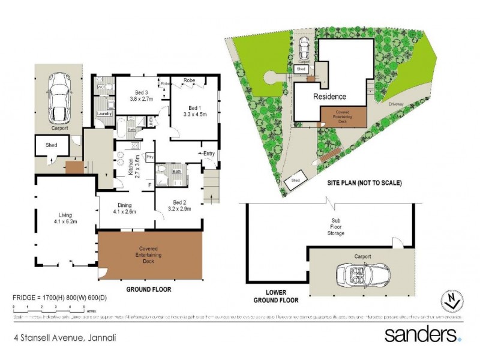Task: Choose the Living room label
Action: click(65, 218)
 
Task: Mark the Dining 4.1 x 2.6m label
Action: click(124, 208)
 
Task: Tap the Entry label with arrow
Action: click(207, 154)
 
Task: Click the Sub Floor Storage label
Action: click(336, 228)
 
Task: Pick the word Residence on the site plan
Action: click(329, 96)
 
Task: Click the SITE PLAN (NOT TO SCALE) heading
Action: click(364, 183)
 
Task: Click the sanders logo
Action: click(422, 334)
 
